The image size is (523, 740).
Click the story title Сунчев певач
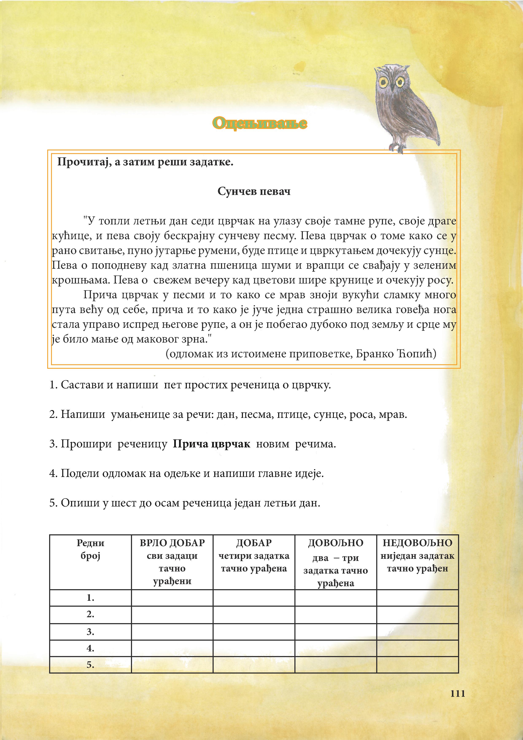pyautogui.click(x=254, y=192)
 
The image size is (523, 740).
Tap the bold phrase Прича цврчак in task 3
pyautogui.click(x=211, y=444)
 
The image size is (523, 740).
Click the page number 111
pyautogui.click(x=458, y=694)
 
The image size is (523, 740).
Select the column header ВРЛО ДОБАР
pyautogui.click(x=172, y=543)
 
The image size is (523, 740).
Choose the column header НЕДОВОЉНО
pyautogui.click(x=417, y=543)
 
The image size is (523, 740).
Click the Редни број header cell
pyautogui.click(x=90, y=549)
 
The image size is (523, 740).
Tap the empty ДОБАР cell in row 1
pyautogui.click(x=254, y=598)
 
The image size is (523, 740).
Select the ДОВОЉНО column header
pyautogui.click(x=336, y=543)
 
